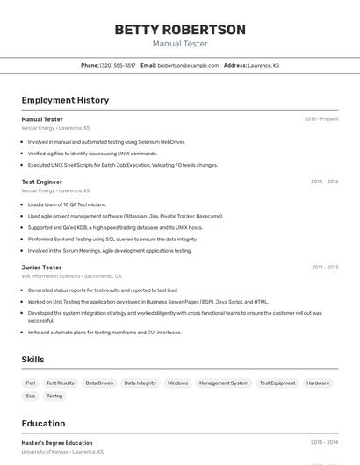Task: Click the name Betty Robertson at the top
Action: [x=180, y=30]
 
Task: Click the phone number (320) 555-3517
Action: [x=118, y=65]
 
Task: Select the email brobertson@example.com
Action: [x=188, y=65]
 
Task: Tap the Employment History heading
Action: [x=65, y=100]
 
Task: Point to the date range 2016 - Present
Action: [x=321, y=119]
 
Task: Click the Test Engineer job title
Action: [x=42, y=182]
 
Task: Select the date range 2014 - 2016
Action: [x=324, y=182]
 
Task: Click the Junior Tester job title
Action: [x=41, y=268]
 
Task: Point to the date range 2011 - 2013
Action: [x=324, y=268]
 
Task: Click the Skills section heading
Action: [x=32, y=359]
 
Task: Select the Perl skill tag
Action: [x=31, y=383]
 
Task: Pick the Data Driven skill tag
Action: [x=99, y=383]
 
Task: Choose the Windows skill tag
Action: [x=177, y=383]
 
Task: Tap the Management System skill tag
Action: [x=224, y=383]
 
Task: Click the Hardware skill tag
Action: [x=318, y=383]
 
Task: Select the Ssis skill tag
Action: [x=31, y=396]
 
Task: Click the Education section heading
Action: [x=43, y=423]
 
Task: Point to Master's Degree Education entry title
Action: [x=57, y=443]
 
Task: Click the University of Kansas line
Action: [x=62, y=452]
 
